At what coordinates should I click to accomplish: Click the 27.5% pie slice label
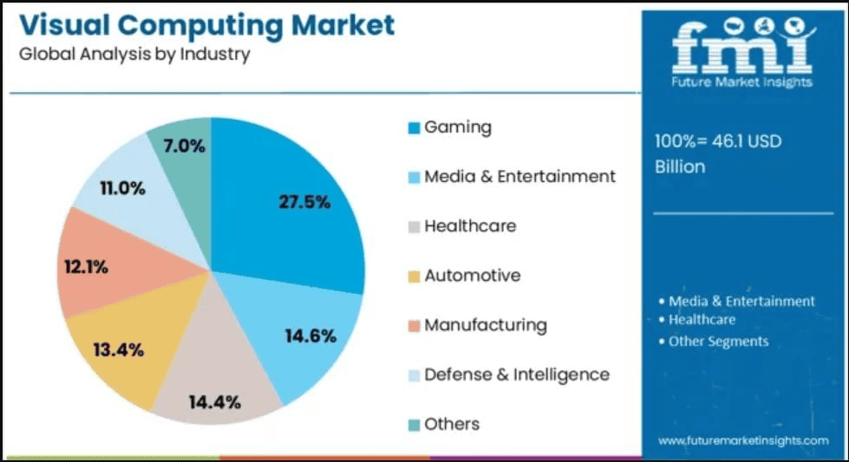click(304, 202)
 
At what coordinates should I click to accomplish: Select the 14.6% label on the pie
click(310, 336)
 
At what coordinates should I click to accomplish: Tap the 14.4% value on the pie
click(214, 401)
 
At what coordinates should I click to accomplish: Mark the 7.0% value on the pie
click(183, 146)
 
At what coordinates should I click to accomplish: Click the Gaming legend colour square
click(415, 128)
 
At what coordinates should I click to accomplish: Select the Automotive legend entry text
click(473, 276)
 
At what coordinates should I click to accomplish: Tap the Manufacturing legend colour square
click(415, 326)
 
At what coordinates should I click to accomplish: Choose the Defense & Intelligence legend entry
click(517, 374)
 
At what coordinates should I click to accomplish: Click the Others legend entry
click(452, 424)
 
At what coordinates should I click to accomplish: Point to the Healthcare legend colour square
click(415, 227)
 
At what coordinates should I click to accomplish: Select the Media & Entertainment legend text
click(519, 177)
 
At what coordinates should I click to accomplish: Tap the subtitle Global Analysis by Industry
click(134, 54)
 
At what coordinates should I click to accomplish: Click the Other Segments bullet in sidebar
click(718, 341)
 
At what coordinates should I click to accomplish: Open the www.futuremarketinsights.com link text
click(743, 441)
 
